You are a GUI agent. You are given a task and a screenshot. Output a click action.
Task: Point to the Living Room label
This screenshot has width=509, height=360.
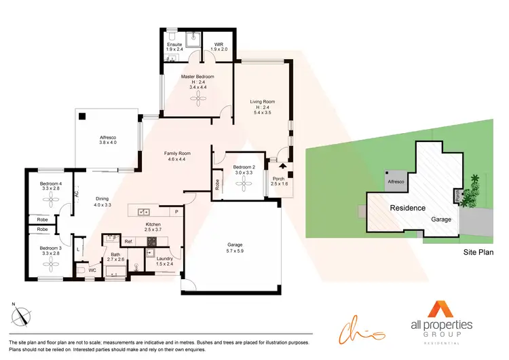[x=261, y=103]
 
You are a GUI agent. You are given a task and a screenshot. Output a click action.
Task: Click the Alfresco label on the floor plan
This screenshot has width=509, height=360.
[x=109, y=139]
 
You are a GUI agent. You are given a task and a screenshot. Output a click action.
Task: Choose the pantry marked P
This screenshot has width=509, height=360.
[x=176, y=211]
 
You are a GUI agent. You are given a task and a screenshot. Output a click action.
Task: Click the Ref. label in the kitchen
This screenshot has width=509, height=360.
[x=128, y=241]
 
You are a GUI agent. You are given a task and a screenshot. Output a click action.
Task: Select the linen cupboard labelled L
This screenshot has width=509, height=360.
[x=79, y=249]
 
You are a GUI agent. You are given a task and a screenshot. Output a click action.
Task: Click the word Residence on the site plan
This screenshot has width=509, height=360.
[x=407, y=208]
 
